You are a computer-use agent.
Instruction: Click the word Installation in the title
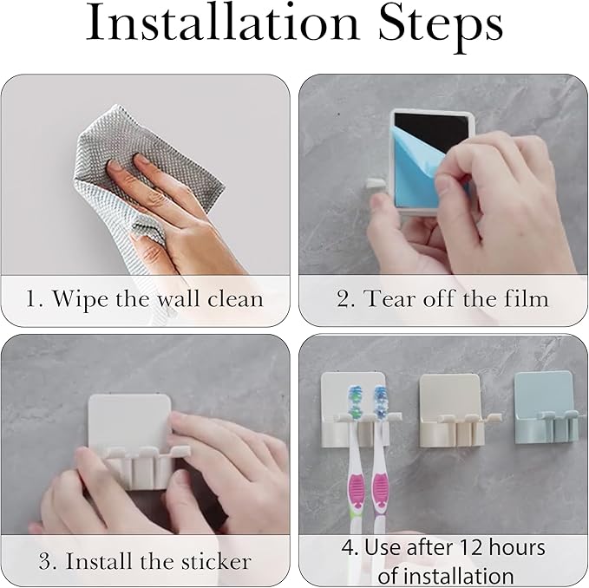(223, 23)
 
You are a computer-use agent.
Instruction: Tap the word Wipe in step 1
(80, 299)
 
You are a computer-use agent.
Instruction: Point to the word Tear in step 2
(390, 299)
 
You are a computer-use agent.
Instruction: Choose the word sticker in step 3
(216, 562)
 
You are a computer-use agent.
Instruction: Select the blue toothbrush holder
(547, 408)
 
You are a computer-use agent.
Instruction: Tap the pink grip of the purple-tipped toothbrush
(380, 492)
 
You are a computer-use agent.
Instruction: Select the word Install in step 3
(100, 561)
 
